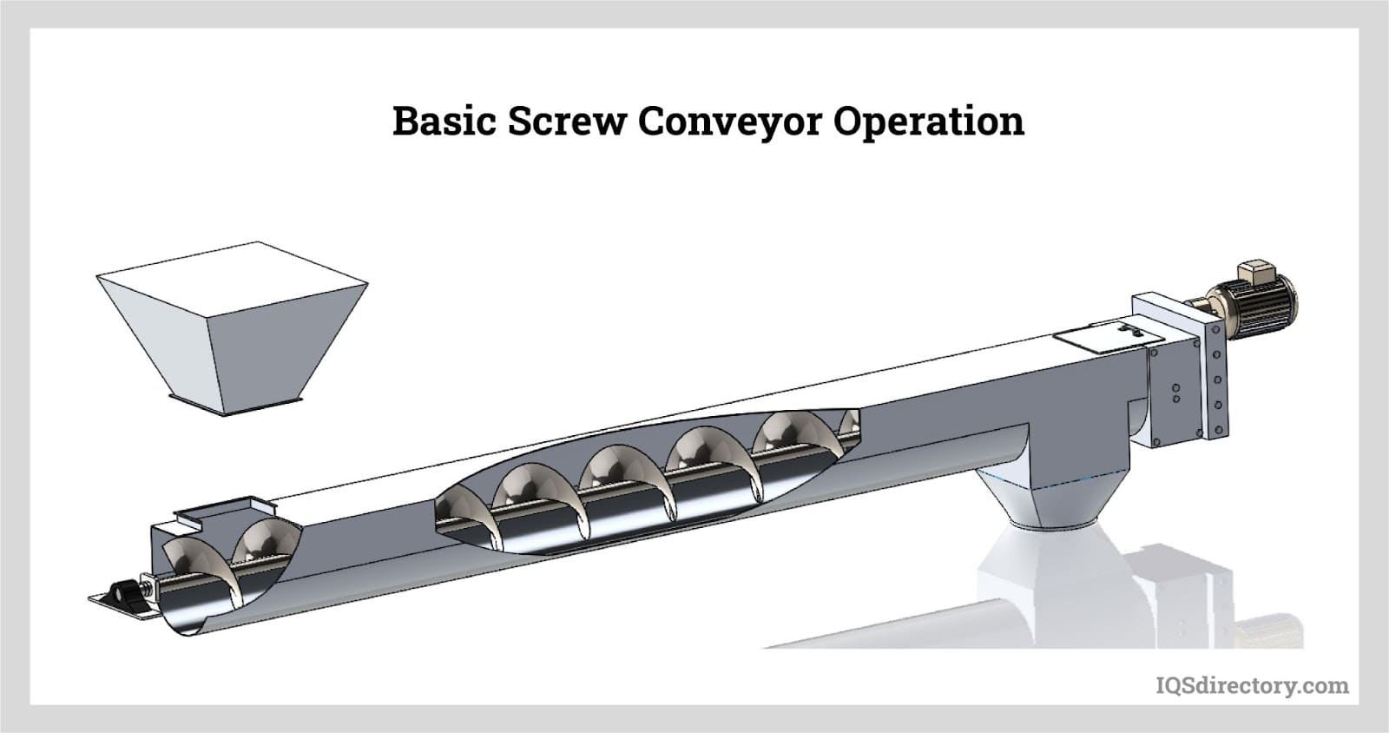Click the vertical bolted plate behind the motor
pos(1213,375)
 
